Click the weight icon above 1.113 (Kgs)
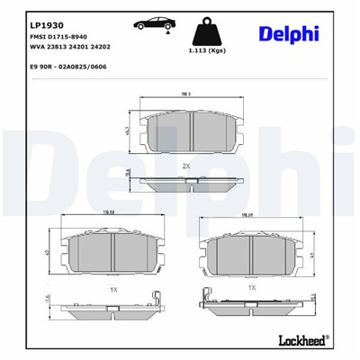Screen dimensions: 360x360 coord(206,30)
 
